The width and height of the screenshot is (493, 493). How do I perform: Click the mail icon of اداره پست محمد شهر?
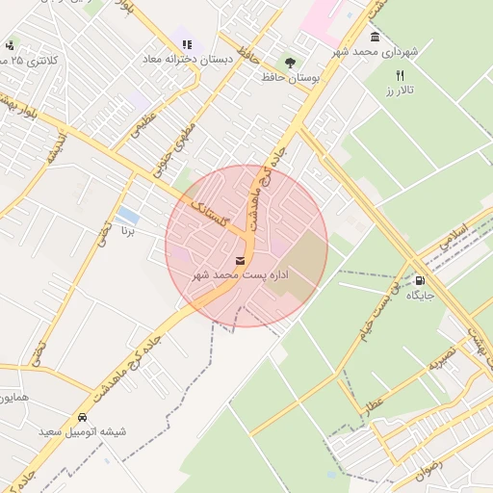click(240, 260)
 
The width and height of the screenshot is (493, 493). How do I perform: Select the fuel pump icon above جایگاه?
click(418, 280)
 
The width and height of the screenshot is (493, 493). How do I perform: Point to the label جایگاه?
click(419, 294)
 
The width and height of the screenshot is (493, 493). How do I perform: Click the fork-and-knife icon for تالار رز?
click(400, 75)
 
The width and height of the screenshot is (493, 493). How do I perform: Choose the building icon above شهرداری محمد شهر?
click(374, 37)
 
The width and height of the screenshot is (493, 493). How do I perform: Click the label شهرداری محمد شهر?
click(374, 52)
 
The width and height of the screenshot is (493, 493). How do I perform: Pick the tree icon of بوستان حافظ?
click(289, 62)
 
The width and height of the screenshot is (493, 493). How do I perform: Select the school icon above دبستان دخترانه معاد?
click(187, 43)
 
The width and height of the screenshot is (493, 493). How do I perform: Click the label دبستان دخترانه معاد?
click(187, 59)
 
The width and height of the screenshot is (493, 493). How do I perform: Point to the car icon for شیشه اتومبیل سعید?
click(83, 418)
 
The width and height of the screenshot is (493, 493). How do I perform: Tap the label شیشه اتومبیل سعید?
click(83, 432)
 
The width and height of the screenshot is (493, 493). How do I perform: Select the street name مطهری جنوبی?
click(180, 142)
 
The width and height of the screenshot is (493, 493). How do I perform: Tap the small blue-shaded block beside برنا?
click(127, 214)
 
